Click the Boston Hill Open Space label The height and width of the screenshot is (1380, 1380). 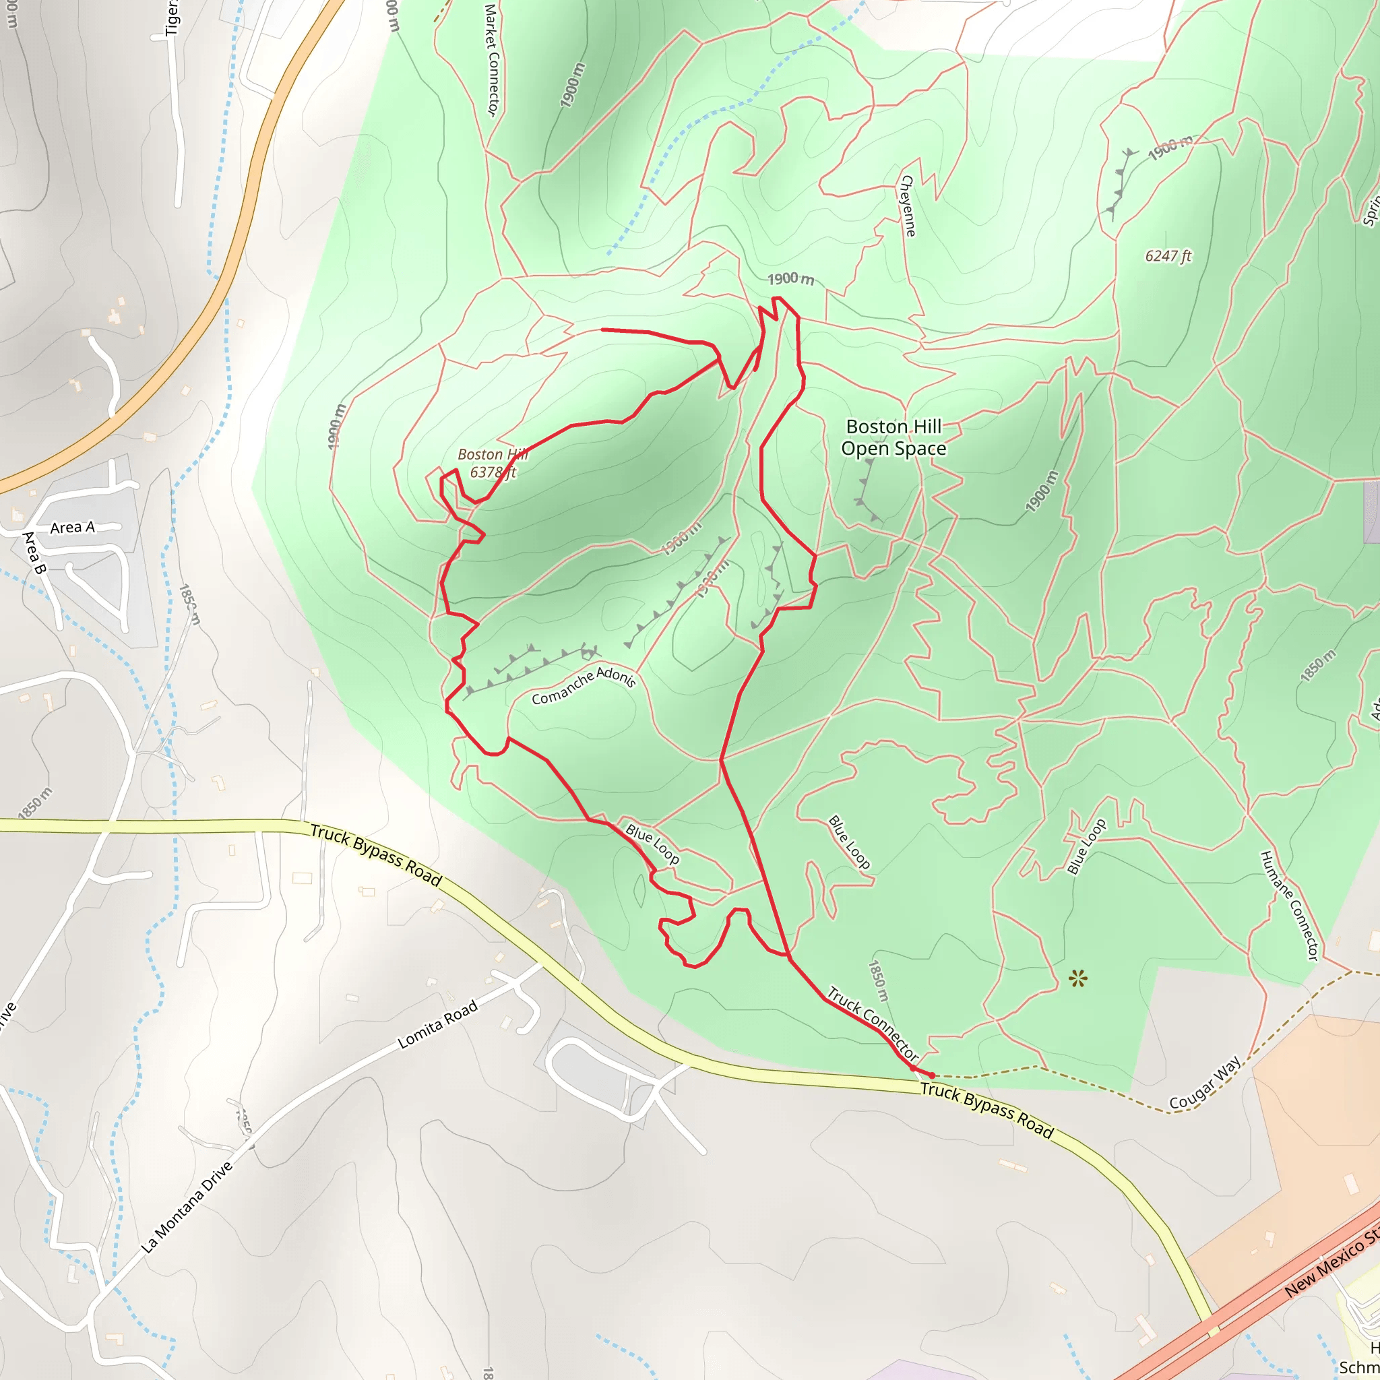coord(893,437)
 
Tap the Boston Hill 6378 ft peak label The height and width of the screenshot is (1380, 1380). coord(492,463)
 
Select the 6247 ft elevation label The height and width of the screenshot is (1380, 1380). coord(1168,255)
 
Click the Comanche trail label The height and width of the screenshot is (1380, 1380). coord(562,688)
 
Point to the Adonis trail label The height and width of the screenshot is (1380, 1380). coord(616,676)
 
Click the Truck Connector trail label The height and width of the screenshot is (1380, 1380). coord(872,1024)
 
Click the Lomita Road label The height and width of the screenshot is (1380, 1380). coord(437,1025)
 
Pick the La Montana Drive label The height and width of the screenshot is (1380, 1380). coord(187,1207)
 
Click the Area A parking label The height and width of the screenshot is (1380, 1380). coord(72,527)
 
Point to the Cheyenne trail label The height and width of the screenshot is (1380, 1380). coord(907,206)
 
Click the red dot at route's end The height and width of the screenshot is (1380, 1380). coord(932,1075)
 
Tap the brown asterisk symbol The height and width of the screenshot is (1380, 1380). coord(1078,978)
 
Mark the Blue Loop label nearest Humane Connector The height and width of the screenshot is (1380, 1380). coord(1086,846)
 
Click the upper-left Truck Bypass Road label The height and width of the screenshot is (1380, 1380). coord(376,855)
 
